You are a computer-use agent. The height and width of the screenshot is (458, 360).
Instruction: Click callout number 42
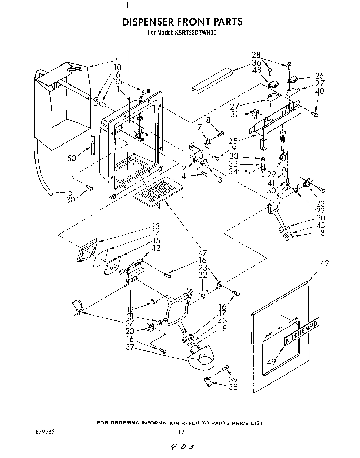click(x=324, y=263)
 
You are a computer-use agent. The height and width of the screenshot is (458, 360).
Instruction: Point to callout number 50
click(x=71, y=158)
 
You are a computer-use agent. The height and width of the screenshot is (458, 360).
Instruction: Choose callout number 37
click(x=130, y=347)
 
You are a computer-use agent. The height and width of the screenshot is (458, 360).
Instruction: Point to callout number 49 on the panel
click(x=272, y=361)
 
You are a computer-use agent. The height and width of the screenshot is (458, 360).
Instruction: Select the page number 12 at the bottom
click(x=181, y=432)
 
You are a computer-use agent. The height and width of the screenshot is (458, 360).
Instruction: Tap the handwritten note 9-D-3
click(x=181, y=447)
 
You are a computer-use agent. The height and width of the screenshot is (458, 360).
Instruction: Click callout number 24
click(x=130, y=323)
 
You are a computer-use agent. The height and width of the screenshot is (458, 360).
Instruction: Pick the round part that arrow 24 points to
click(x=77, y=306)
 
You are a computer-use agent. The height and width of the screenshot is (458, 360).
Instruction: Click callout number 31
click(x=234, y=114)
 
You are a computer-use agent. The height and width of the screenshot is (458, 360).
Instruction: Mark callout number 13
click(x=156, y=226)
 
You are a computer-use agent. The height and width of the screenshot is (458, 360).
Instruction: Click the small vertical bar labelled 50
click(x=92, y=145)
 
